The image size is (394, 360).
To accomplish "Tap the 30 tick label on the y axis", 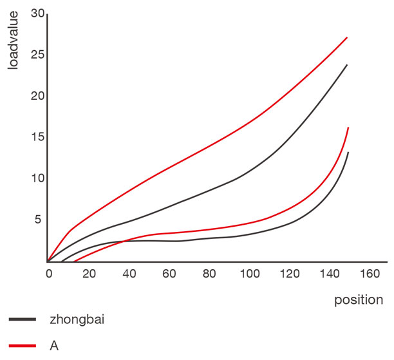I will tap(38, 14).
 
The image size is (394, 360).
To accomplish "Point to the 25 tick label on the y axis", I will tap(38, 55).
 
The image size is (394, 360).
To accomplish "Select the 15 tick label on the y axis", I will tap(38, 138).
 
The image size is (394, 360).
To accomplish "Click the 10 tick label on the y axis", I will tap(38, 178).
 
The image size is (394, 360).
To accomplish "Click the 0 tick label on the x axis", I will tap(48, 274).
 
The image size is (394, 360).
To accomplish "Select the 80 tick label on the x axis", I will tap(209, 274).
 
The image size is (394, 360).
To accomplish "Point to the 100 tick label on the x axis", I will tap(249, 274).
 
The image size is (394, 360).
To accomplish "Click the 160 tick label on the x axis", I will tap(369, 274).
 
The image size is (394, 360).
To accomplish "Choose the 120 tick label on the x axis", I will tap(289, 274).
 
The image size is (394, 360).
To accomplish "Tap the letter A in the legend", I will tap(54, 345).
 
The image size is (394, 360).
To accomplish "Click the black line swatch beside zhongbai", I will tap(22, 319).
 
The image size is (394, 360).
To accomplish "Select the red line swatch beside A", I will tap(22, 345).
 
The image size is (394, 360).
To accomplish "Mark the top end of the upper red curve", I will tap(347, 37).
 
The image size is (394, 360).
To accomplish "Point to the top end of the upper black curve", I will tap(347, 64).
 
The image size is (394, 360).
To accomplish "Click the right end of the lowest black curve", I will tap(348, 153).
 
